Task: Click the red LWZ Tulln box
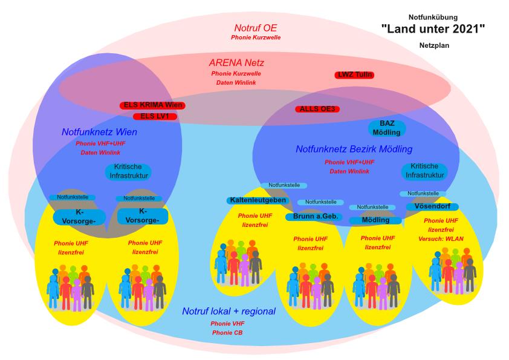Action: [354, 75]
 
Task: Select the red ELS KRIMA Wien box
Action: [152, 105]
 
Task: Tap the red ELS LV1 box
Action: [155, 116]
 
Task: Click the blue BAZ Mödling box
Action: [387, 128]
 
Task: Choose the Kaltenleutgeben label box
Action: [258, 200]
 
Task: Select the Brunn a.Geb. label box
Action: [314, 216]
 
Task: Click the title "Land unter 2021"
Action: [433, 28]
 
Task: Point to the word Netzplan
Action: [433, 45]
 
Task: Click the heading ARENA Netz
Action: [236, 62]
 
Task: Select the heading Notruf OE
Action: [256, 28]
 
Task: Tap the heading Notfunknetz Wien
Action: [99, 132]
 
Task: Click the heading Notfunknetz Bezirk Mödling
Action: [354, 149]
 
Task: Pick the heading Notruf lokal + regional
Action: [229, 312]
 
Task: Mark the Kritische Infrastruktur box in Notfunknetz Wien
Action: [127, 171]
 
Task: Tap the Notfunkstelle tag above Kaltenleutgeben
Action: [284, 185]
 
